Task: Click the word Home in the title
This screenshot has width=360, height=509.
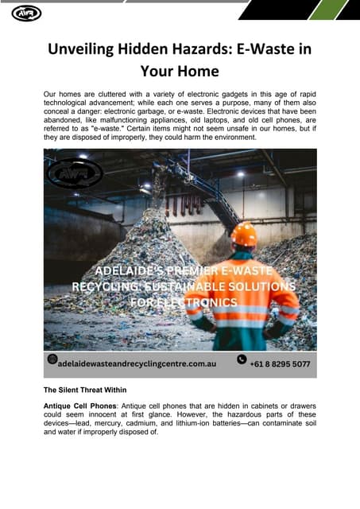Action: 196,70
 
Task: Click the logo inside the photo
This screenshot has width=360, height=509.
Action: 74,173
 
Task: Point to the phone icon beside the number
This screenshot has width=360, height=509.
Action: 242,359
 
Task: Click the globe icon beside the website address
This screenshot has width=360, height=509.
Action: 52,359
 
